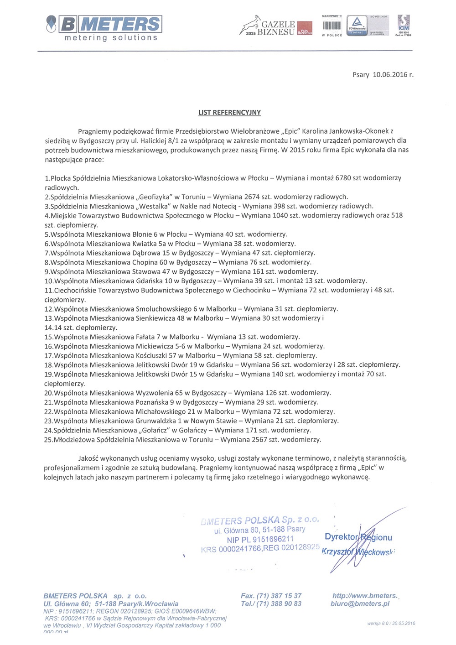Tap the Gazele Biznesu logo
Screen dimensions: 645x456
tap(275, 27)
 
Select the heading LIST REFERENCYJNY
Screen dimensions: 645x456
tap(229, 112)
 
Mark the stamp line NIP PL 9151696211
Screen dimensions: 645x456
tap(260, 539)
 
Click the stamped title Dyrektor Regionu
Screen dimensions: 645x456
tap(358, 537)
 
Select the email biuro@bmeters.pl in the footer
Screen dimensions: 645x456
tap(360, 603)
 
